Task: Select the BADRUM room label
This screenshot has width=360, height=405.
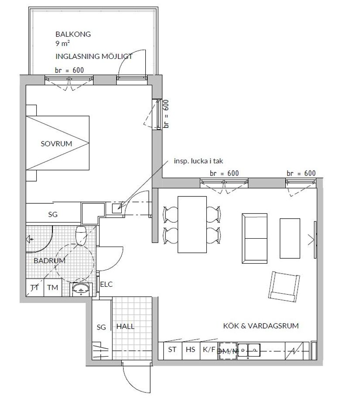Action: [x=49, y=261]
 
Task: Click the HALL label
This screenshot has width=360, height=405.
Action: [x=125, y=326]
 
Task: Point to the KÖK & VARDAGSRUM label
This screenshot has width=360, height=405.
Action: [x=261, y=326]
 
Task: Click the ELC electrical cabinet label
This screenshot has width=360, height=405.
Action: [x=106, y=284]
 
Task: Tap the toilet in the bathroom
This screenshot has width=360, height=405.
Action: [x=81, y=236]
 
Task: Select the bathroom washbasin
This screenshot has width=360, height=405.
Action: [x=81, y=288]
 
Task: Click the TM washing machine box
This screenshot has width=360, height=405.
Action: [x=53, y=288]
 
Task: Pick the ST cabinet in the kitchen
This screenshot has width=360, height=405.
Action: [x=172, y=349]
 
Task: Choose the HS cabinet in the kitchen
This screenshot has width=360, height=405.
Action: [x=190, y=349]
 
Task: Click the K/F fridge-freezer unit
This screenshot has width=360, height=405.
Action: [x=209, y=349]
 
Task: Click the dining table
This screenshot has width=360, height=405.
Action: [x=192, y=224]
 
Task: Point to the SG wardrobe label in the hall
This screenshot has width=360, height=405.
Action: [x=101, y=327]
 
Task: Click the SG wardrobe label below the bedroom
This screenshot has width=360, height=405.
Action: [x=52, y=215]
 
